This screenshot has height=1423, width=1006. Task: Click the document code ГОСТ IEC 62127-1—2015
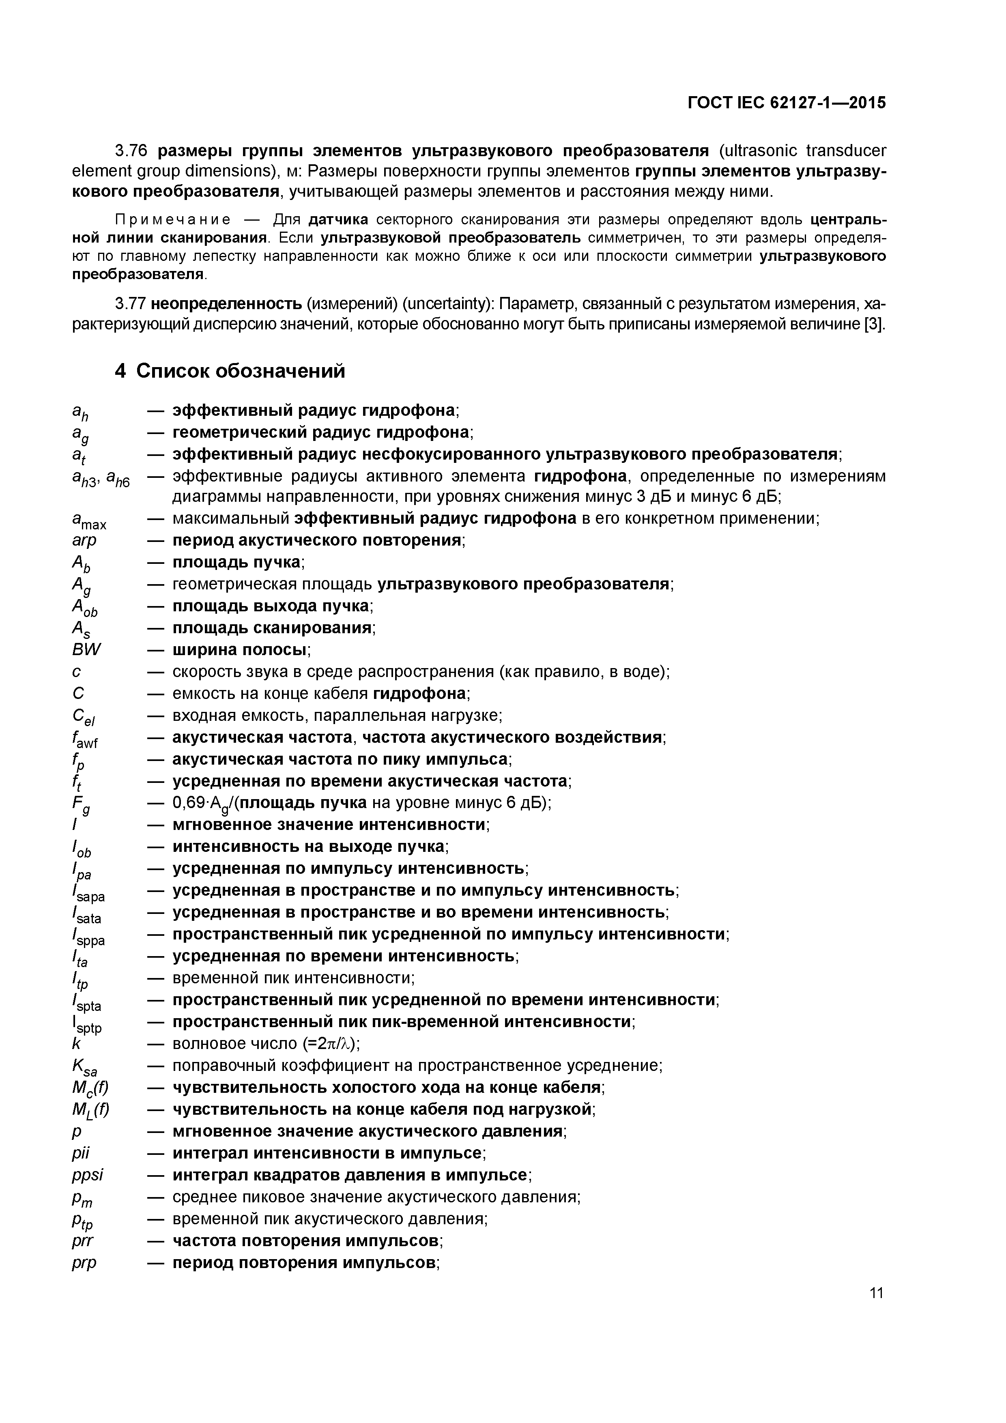787,103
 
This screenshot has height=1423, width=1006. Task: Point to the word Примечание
173,219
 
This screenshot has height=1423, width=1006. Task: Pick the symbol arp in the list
85,540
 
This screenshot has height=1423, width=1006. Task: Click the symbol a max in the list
89,520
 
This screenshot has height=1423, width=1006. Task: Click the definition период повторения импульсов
304,1262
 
